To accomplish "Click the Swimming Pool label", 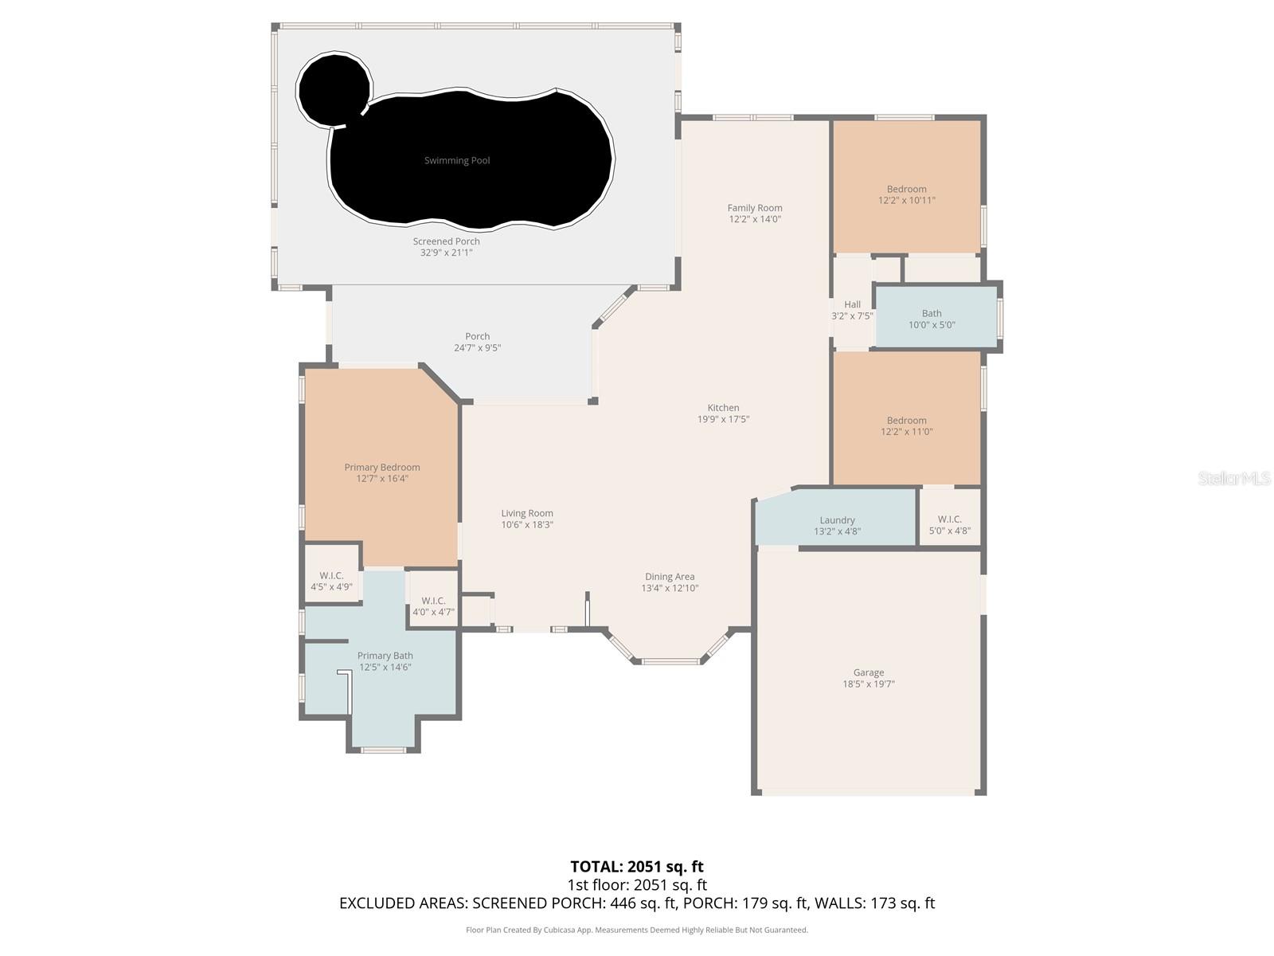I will (x=456, y=161).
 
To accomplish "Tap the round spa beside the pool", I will (x=334, y=88).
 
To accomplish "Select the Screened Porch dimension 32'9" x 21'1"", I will (x=446, y=253).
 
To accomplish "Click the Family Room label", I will (x=754, y=208).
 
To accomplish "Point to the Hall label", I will (x=852, y=304).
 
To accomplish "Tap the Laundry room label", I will (x=837, y=520).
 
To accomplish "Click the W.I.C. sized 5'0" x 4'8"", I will (x=949, y=524).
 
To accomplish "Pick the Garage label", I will (x=868, y=672).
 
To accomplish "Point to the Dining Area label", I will (x=670, y=577).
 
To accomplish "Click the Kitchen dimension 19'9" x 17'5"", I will (x=723, y=419).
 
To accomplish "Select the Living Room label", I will (x=526, y=514).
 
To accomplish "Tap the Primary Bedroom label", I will (x=382, y=468).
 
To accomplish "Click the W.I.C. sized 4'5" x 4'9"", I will (x=331, y=581).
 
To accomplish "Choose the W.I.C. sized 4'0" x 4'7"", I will (x=433, y=606).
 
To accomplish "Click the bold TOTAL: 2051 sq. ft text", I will (x=636, y=866).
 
